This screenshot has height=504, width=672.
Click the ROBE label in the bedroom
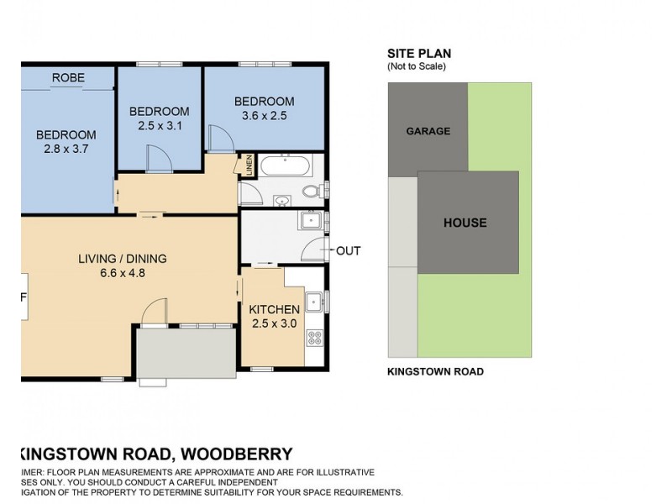pyautogui.click(x=68, y=77)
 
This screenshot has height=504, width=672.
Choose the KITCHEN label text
pyautogui.click(x=275, y=309)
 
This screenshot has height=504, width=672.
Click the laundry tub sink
pyautogui.click(x=310, y=220)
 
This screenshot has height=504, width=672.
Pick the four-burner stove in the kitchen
pyautogui.click(x=316, y=339)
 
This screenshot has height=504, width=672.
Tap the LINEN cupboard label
pyautogui.click(x=249, y=166)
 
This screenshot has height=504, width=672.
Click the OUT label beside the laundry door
pyautogui.click(x=348, y=250)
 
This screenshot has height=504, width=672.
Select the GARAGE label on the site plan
pyautogui.click(x=428, y=131)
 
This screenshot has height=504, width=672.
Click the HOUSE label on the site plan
pyautogui.click(x=465, y=223)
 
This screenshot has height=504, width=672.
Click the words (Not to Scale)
pyautogui.click(x=416, y=66)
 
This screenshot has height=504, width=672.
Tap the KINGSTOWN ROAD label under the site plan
pyautogui.click(x=435, y=371)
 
